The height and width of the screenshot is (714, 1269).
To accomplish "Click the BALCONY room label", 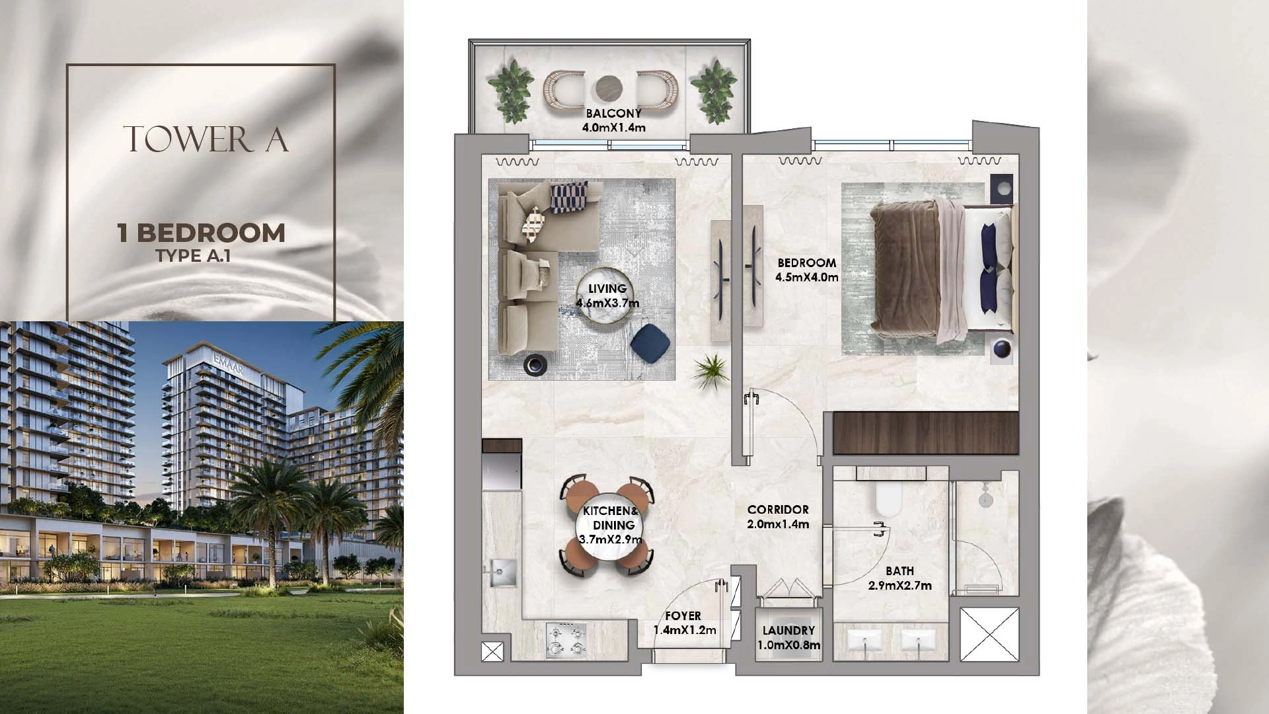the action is click(x=613, y=114).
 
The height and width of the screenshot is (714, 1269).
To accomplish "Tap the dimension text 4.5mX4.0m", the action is click(x=806, y=278).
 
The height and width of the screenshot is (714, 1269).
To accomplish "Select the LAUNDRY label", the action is click(x=788, y=631).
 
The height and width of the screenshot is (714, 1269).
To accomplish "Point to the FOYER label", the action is click(x=683, y=616).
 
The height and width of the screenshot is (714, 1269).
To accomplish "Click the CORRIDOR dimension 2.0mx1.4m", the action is click(x=778, y=524).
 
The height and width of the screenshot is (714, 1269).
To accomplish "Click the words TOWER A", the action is click(x=206, y=138).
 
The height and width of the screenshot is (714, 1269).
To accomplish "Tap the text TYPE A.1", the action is click(x=194, y=256).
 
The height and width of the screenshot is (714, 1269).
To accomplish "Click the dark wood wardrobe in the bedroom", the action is click(x=925, y=432).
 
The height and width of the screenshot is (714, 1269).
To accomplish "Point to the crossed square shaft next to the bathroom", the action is click(x=989, y=634).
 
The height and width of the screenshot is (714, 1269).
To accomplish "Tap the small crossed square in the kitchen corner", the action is click(x=492, y=652).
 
